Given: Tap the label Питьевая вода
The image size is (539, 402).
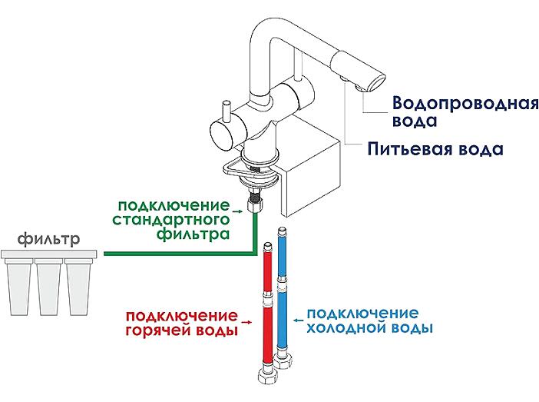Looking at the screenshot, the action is click(x=435, y=149).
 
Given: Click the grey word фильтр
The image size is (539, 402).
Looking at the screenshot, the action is click(x=48, y=240).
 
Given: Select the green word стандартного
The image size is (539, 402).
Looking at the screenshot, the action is click(x=171, y=221).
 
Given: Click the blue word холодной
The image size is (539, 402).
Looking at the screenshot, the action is click(x=346, y=327).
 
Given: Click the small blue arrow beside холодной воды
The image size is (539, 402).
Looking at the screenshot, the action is click(x=299, y=320).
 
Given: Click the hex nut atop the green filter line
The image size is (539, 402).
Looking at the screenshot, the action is click(x=255, y=206).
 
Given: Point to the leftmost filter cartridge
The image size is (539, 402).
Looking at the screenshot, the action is click(x=19, y=287).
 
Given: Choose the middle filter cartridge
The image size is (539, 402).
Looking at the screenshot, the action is click(x=48, y=287).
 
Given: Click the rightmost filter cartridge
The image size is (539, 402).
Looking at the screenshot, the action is click(x=78, y=287).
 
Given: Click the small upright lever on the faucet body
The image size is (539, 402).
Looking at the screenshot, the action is click(x=227, y=111).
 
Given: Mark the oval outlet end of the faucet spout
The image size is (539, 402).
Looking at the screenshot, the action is click(x=377, y=83).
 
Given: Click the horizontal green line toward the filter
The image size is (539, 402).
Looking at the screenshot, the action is click(x=180, y=254).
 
